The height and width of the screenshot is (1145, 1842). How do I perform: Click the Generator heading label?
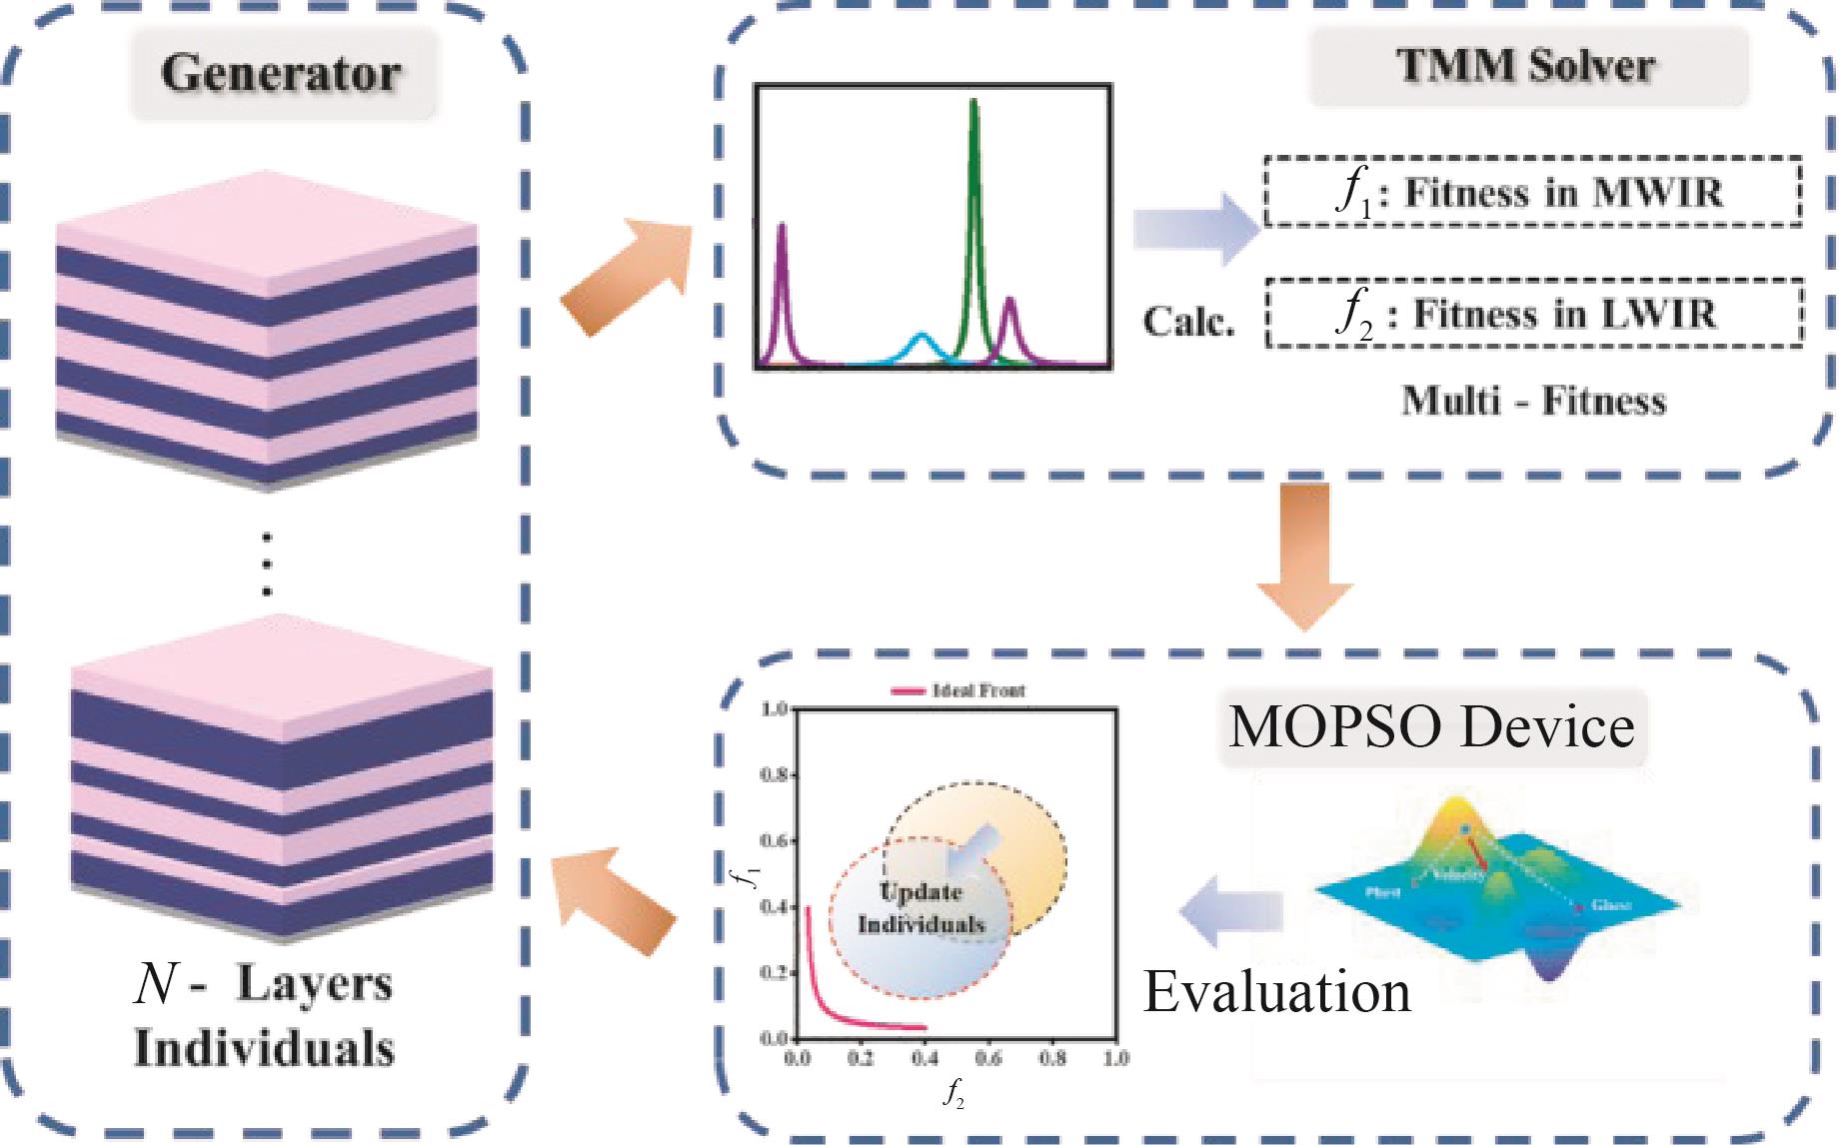pos(281,74)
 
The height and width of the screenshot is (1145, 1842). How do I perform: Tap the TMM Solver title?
pos(1526,66)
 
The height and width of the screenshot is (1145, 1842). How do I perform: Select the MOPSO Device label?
pos(1432,726)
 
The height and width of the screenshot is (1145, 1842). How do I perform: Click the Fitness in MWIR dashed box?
pos(1532,192)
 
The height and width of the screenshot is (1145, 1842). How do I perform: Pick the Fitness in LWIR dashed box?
pos(1534,314)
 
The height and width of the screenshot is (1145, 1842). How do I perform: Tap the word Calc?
pos(1188,321)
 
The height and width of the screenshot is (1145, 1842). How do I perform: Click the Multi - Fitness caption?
pos(1533,402)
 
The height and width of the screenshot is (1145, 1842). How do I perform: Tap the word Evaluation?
pos(1276,991)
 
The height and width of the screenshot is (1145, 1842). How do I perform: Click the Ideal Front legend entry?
pos(959,690)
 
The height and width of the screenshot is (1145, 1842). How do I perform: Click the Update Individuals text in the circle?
pos(921,908)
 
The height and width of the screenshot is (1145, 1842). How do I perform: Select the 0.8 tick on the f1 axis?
pos(776,775)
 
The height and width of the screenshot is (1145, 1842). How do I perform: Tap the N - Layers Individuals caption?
pos(265,1016)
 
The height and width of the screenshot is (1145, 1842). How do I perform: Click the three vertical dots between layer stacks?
pos(267,565)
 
